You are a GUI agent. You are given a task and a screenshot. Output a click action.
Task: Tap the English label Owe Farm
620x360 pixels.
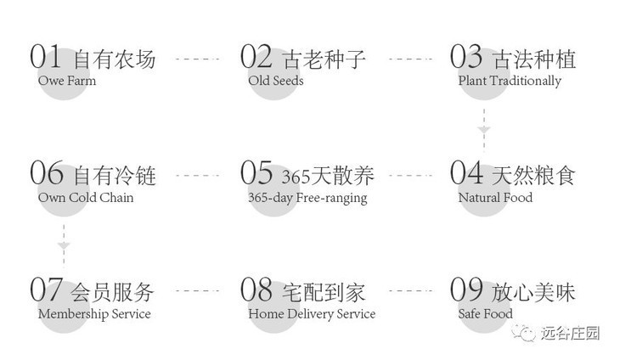66,82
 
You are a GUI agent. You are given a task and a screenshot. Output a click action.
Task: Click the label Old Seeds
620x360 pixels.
275,82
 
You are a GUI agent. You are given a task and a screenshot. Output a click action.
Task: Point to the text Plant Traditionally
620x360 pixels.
510,82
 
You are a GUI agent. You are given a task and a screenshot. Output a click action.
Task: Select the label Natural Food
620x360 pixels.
495,198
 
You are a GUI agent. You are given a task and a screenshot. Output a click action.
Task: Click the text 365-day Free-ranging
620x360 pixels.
307,198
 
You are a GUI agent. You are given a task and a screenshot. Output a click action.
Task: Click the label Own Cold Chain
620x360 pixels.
86,198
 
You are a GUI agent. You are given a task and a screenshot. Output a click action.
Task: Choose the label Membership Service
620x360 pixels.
94,314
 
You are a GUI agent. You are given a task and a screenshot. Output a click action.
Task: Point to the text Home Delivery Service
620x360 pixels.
312,314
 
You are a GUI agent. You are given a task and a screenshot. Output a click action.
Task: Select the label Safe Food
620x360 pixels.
485,314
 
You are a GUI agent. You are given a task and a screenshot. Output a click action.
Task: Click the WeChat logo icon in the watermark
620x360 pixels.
530,333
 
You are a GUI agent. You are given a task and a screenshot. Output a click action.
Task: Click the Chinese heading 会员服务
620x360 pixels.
115,291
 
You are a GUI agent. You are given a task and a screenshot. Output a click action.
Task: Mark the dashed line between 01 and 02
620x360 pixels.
196,59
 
